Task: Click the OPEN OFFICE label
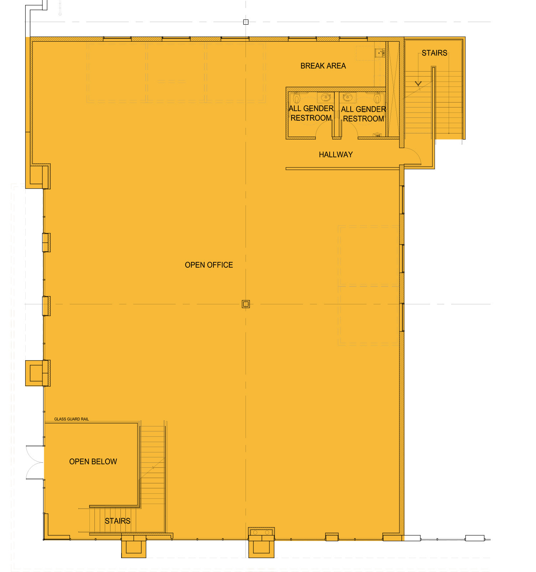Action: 209,265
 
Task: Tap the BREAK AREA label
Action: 323,66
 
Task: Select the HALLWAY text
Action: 336,154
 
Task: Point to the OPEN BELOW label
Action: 93,461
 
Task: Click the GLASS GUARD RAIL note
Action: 72,419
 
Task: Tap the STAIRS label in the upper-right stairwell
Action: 434,53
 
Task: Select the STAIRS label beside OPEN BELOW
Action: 118,521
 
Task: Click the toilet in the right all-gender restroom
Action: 377,98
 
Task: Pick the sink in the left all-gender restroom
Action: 326,97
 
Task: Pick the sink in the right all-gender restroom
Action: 347,97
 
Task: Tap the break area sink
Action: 380,53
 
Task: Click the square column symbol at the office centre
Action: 246,304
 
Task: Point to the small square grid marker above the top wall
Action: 246,22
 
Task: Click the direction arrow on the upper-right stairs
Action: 418,84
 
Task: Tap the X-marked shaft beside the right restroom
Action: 393,89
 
